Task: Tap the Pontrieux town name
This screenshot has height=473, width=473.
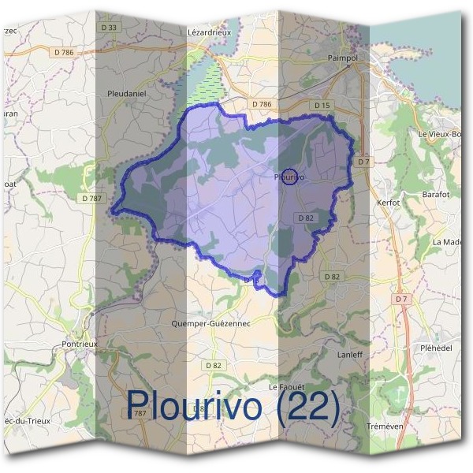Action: pyautogui.click(x=79, y=345)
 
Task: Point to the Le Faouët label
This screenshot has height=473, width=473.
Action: pyautogui.click(x=285, y=387)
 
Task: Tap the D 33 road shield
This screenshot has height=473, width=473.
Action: pyautogui.click(x=110, y=28)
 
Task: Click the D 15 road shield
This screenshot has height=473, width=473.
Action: pyautogui.click(x=321, y=105)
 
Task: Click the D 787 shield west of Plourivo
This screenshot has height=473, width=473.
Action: pyautogui.click(x=92, y=199)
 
